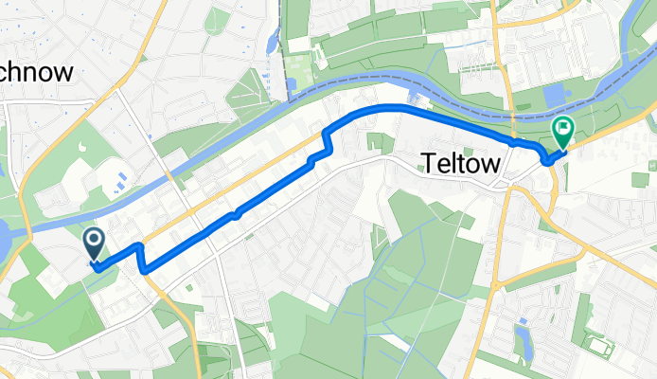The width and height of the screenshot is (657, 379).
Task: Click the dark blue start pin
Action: click(96, 244)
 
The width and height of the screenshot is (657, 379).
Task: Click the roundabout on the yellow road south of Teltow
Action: click(494, 283)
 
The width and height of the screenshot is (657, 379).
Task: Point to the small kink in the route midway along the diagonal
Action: click(237, 214)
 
